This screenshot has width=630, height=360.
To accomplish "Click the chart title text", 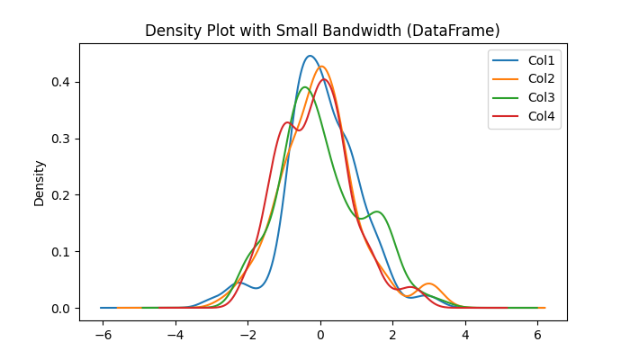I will pos(322,31).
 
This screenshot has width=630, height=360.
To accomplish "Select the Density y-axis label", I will pos(40,183).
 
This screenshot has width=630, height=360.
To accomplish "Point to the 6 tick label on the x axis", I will pos(538,334).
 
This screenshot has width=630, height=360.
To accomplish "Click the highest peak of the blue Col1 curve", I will pos(310,56).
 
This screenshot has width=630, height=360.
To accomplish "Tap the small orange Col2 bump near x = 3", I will pos(429,283).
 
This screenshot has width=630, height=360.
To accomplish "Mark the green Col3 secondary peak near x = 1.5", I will pos(376,211).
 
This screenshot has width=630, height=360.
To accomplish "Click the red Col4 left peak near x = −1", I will pos(287,122).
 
